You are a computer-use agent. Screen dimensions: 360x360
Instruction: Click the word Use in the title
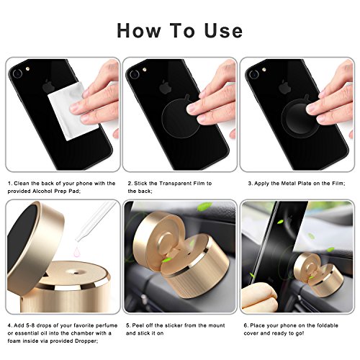223,31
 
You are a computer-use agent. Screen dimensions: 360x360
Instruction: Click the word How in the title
139,31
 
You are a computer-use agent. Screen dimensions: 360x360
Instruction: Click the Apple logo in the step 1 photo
48,86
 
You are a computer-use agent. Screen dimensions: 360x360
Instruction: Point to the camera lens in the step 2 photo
134,74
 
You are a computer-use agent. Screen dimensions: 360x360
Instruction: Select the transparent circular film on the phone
181,118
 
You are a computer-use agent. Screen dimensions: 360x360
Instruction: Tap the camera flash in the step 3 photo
264,70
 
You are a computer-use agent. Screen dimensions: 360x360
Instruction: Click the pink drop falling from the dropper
78,251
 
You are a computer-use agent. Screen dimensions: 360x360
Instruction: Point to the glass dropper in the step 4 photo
95,221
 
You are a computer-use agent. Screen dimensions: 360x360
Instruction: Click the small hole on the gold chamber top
76,273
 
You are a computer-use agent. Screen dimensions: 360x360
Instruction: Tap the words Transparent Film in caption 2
179,184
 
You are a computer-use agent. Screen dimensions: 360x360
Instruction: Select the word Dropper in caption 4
86,341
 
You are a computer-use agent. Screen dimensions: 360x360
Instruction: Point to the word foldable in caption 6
328,325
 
